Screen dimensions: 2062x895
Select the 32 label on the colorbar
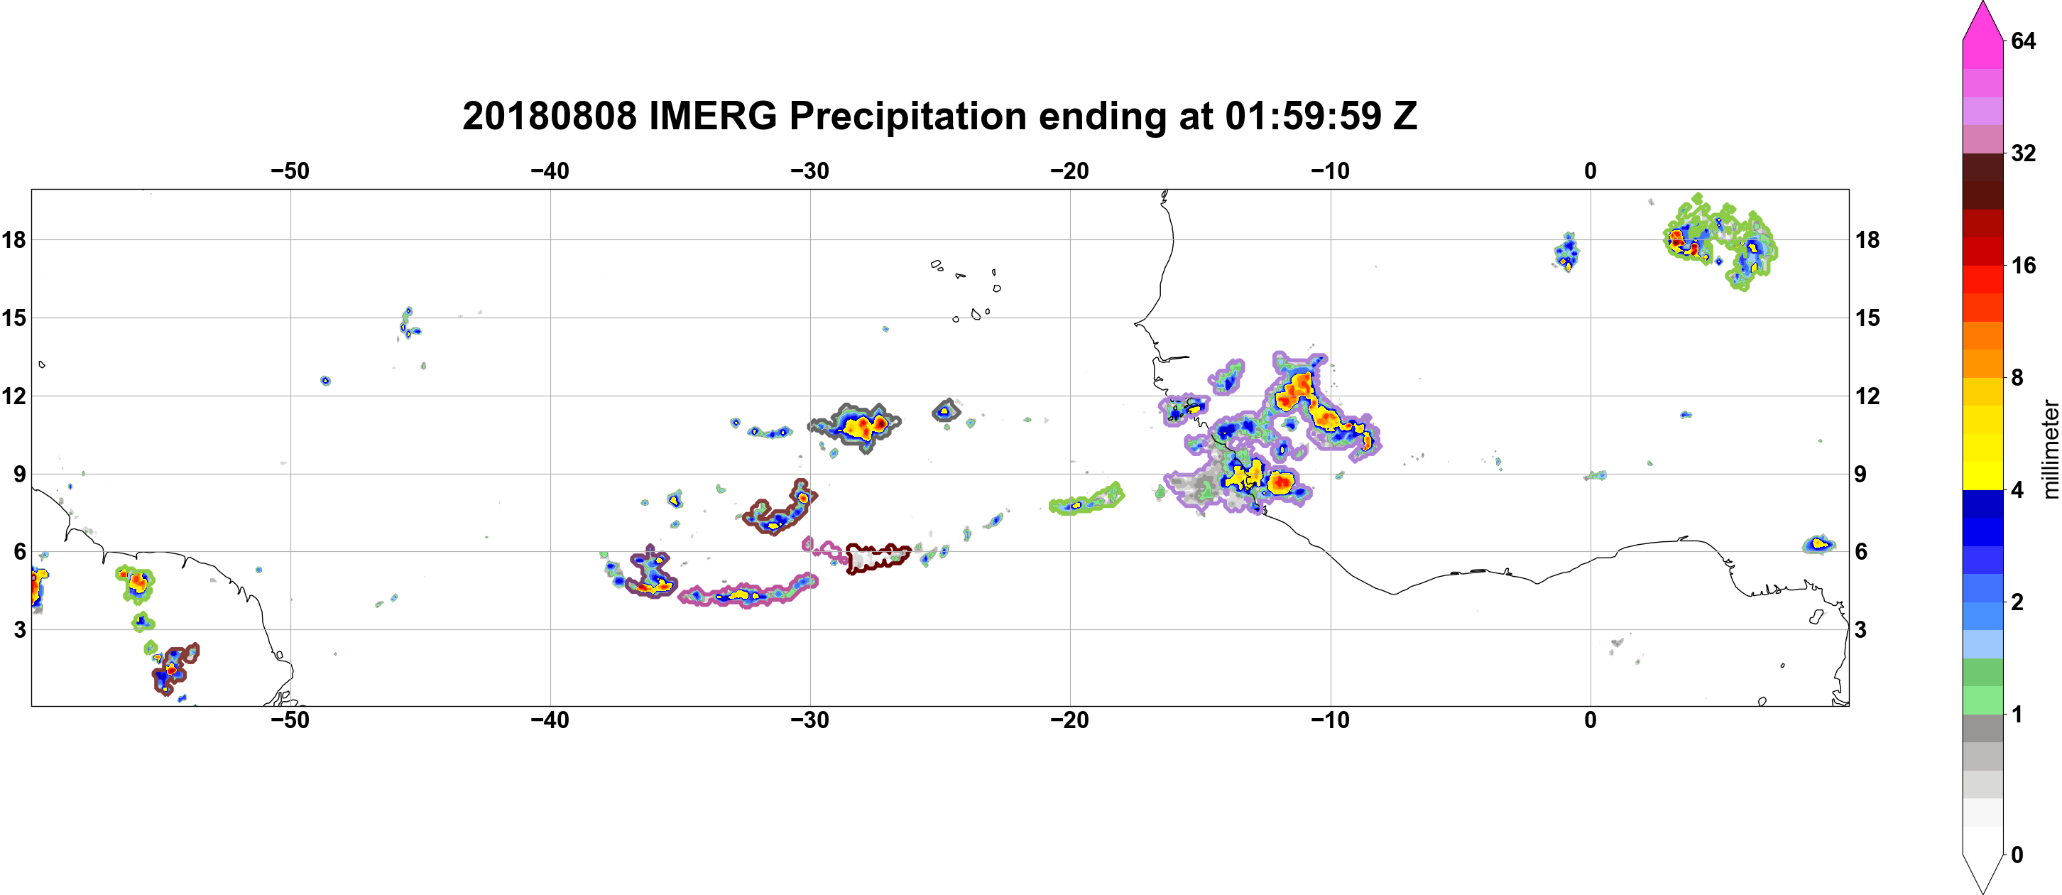[x=2023, y=153]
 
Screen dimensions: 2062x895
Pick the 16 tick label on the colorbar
[x=2023, y=266]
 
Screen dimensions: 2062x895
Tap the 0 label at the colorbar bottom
[x=2017, y=855]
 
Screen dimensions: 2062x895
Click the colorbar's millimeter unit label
[x=2050, y=449]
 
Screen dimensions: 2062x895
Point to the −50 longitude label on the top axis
[x=290, y=171]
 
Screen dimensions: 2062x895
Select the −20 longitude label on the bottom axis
[x=1070, y=720]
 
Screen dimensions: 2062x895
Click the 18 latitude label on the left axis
[x=14, y=239]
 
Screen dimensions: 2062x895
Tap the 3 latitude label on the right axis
[x=1860, y=630]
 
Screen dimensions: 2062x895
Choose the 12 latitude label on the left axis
[x=14, y=396]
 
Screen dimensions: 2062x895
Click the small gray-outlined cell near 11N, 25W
[x=947, y=411]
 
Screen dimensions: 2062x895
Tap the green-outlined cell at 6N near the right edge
[x=1818, y=544]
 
